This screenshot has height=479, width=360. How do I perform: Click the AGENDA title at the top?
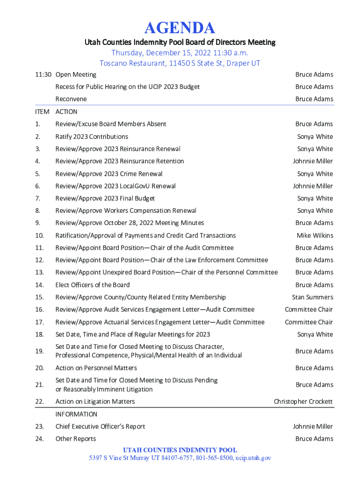(180, 28)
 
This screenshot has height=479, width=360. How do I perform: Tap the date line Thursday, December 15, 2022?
(180, 53)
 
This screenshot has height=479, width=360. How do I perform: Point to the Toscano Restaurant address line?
(180, 63)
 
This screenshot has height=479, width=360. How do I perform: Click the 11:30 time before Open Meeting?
(43, 74)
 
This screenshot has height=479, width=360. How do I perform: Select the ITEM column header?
(43, 112)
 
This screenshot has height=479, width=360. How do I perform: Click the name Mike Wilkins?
(315, 235)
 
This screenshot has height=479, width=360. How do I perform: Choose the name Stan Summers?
(312, 297)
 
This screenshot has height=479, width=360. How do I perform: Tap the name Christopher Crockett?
(303, 401)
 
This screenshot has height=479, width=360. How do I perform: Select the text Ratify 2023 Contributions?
(92, 137)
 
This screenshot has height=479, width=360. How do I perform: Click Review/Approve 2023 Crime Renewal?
(109, 174)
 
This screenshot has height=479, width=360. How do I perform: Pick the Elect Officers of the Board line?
(93, 285)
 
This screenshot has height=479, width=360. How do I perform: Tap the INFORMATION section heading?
(76, 414)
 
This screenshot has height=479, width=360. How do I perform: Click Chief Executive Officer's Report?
(100, 426)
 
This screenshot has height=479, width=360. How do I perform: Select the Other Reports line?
(76, 439)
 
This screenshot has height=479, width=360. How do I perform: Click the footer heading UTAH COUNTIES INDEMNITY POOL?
(180, 450)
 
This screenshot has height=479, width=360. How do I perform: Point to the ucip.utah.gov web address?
(253, 458)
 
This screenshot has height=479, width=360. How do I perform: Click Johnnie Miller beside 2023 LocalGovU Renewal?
(313, 186)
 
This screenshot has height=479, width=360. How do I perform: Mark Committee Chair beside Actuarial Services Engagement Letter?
(309, 322)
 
